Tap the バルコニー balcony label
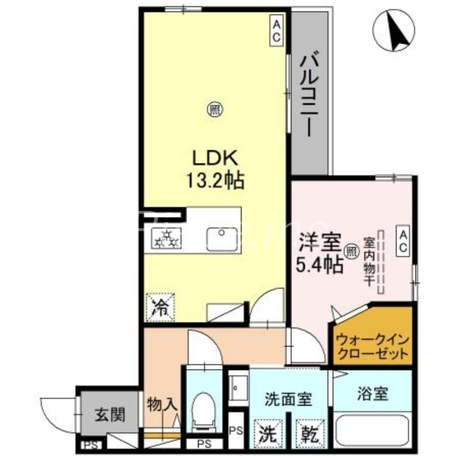click(310, 95)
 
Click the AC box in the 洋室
click(403, 242)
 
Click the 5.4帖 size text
click(320, 264)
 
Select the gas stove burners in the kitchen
click(167, 238)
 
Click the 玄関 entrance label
click(110, 414)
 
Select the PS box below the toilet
click(204, 443)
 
